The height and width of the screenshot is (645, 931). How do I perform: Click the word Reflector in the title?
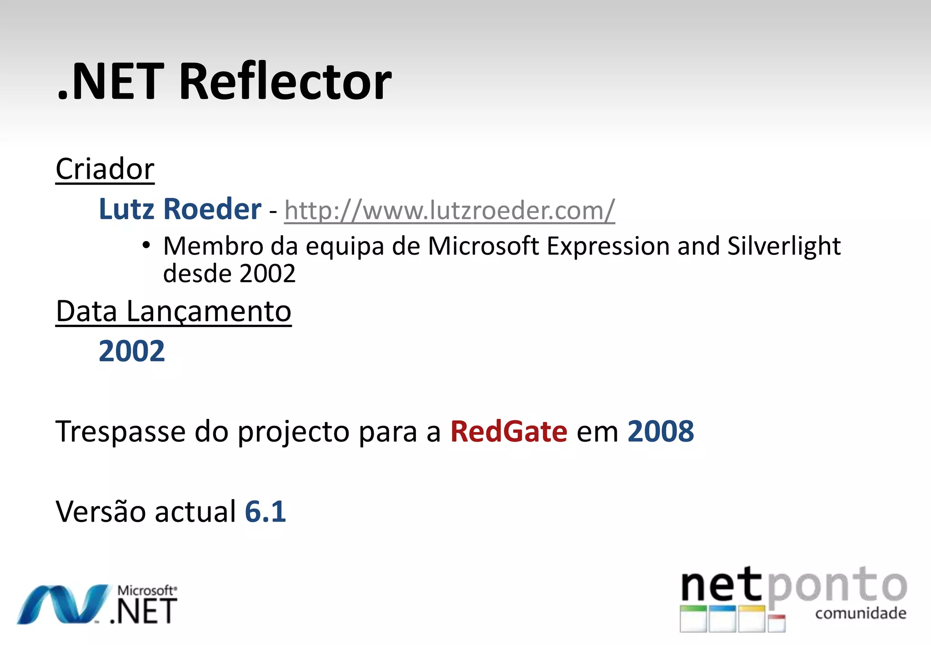(285, 82)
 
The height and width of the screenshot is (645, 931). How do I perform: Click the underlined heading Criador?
(105, 169)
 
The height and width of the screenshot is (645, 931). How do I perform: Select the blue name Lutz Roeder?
(180, 209)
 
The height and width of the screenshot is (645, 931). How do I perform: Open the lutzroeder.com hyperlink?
(449, 211)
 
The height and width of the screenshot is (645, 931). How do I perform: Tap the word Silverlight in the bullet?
(784, 247)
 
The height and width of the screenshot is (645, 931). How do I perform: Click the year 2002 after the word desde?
(267, 274)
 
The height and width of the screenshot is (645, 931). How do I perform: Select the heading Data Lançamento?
(173, 312)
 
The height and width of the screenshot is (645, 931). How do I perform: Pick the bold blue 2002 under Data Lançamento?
(132, 352)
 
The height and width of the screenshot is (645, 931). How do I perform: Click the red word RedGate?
(509, 431)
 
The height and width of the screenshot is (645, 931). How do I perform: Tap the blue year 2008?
(661, 431)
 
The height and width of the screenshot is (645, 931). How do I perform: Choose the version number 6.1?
(265, 511)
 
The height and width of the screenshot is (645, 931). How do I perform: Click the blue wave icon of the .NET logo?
(64, 604)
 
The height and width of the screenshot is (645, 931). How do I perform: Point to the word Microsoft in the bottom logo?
(146, 590)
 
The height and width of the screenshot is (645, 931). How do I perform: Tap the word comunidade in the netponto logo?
(861, 613)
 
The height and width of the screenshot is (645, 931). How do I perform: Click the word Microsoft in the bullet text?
(483, 247)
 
